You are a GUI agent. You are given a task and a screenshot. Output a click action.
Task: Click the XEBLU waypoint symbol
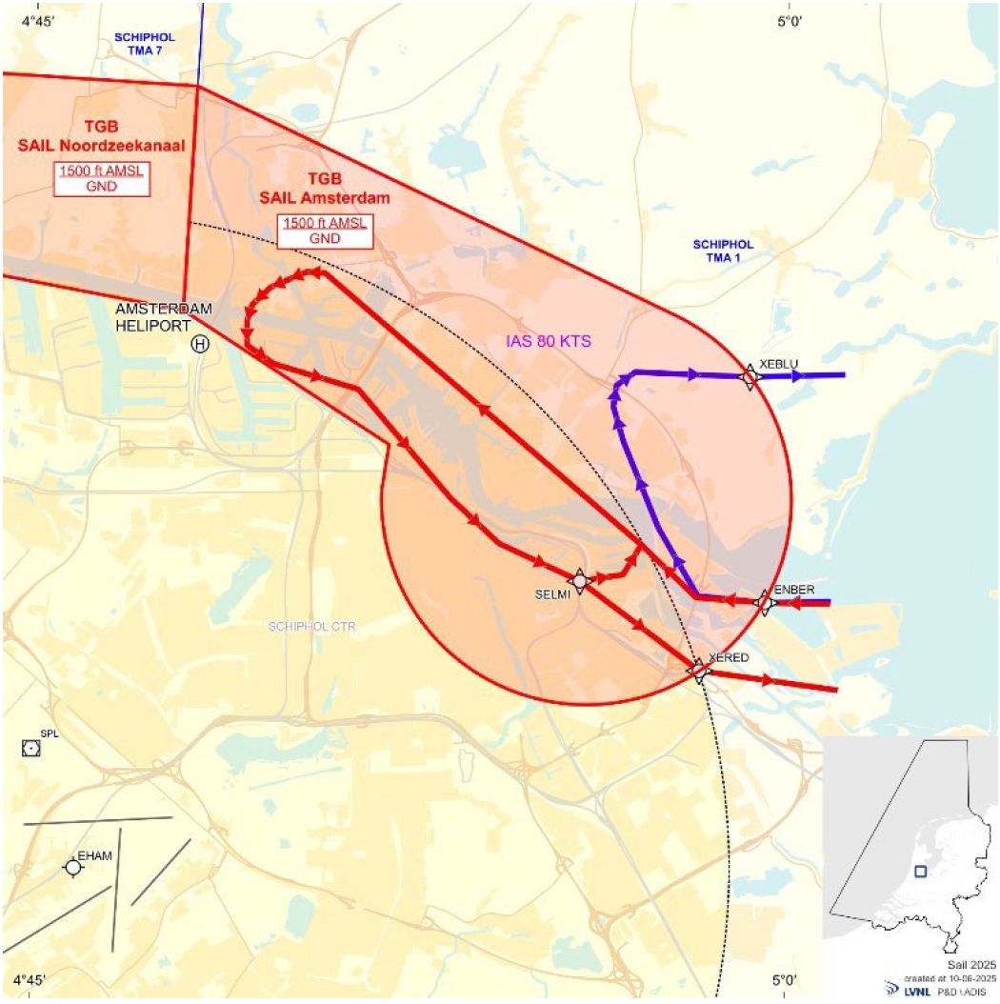coord(750,377)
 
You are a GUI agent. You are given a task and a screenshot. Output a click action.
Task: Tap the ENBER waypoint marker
coord(764,602)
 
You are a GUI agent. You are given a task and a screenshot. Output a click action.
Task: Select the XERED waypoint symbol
coord(699,670)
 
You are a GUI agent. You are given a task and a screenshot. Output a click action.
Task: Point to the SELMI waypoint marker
coord(578,580)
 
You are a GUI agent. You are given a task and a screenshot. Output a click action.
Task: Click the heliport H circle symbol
coord(200,344)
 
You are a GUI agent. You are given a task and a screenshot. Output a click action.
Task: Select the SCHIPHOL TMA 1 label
coord(723,250)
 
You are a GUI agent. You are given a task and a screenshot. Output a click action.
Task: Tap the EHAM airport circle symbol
coord(72,867)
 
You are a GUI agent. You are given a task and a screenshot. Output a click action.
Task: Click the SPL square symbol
coord(30,749)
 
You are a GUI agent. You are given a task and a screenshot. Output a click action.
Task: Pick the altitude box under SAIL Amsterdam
coord(325,231)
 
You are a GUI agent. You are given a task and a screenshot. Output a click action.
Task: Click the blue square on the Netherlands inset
coord(920,871)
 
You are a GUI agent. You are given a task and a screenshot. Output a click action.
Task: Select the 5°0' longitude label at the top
coord(790,22)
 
